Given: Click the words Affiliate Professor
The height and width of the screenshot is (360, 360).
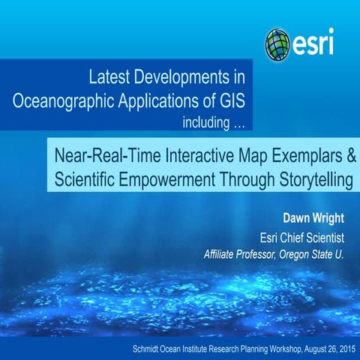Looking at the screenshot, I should point(241,255).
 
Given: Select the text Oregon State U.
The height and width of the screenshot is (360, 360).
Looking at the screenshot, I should point(313,255).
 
